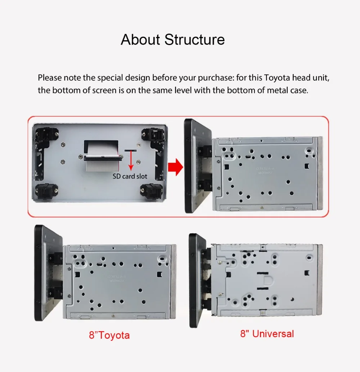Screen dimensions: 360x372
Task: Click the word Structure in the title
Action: point(194,39)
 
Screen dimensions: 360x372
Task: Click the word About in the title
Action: point(140,39)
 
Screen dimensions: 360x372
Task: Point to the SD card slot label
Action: point(130,176)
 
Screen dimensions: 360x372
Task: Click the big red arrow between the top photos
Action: point(175,167)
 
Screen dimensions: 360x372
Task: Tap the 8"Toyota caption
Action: point(109,335)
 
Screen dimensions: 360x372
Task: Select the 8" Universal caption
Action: point(267,334)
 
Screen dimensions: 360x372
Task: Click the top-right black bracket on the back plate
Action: point(153,135)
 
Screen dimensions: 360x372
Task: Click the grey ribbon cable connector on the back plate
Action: point(103,158)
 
